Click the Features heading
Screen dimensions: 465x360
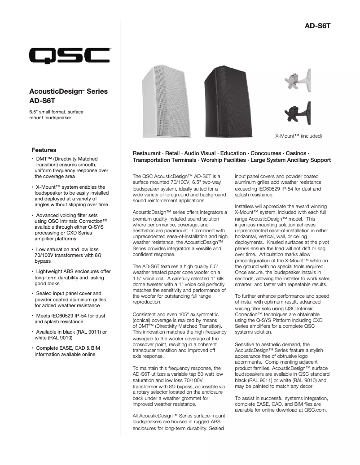44,150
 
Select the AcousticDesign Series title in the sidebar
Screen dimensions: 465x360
68,91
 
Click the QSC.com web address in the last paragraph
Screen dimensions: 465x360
315,409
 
